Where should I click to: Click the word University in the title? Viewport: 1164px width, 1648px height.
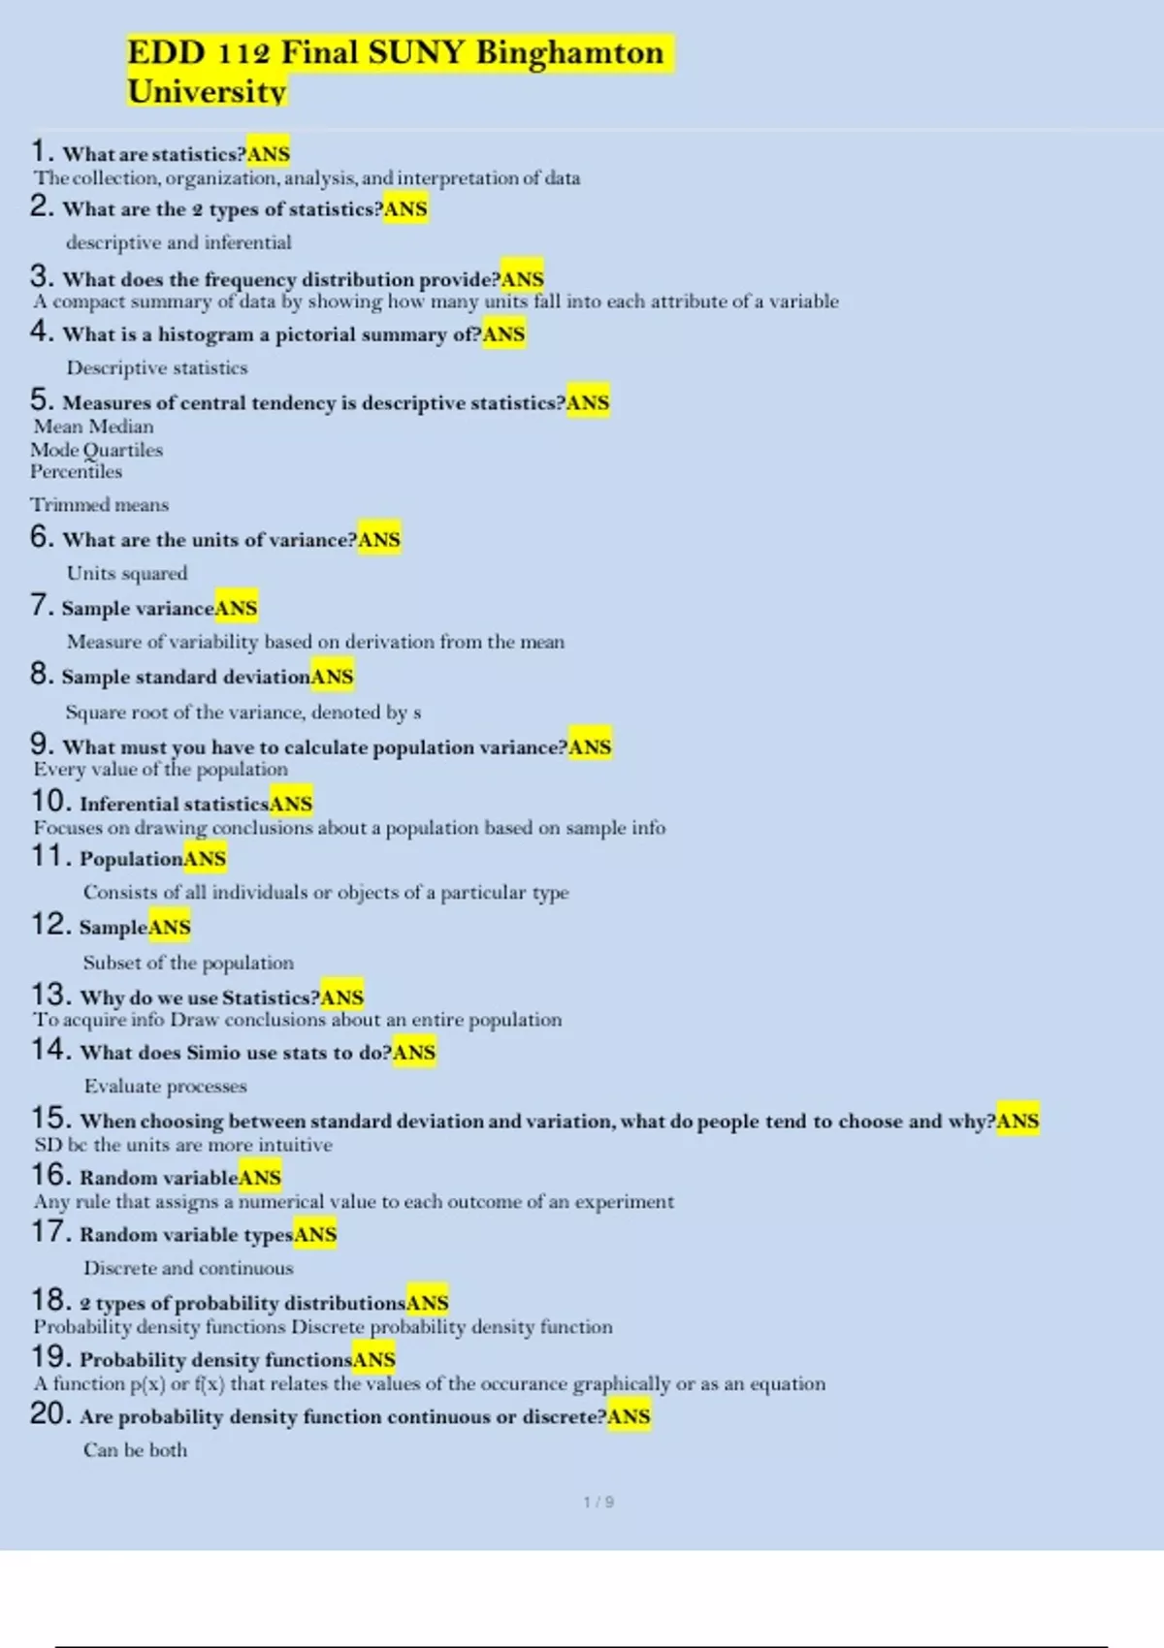pos(207,91)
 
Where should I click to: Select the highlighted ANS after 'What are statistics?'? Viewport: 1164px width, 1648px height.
pos(269,153)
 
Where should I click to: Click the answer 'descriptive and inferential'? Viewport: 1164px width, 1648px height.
pos(178,242)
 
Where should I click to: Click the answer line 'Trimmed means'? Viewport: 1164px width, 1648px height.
pos(99,504)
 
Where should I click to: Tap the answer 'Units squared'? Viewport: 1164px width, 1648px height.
pos(127,573)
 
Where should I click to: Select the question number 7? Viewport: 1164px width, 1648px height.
pos(41,606)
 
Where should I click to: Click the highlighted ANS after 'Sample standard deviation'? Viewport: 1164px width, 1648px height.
pos(332,677)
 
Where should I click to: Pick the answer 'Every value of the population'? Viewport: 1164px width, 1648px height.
pos(161,769)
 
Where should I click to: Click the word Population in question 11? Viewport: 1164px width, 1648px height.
pos(131,859)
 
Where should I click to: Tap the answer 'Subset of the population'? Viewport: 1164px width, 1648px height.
pos(188,963)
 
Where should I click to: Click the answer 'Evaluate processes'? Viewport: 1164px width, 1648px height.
pos(165,1086)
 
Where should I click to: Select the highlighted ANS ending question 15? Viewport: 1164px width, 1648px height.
pos(1018,1121)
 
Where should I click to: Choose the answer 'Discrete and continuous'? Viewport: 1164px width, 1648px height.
pos(188,1268)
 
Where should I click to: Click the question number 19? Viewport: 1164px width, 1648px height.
pos(50,1357)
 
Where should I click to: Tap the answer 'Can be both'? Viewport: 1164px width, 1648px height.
pos(135,1450)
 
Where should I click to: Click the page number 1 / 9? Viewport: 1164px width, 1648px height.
pos(598,1502)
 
